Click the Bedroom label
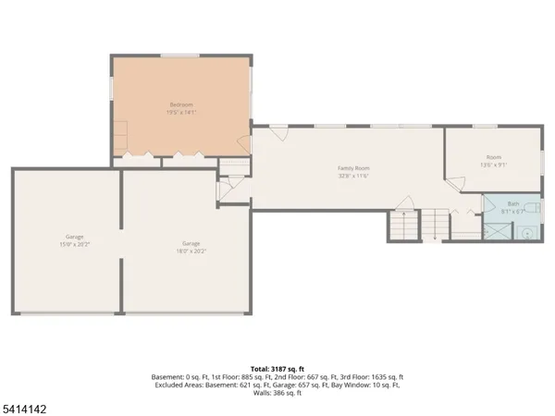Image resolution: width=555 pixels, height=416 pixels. point(180,104)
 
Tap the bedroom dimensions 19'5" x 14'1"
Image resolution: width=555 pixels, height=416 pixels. point(180,113)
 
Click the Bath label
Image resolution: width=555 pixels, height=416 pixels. point(512,204)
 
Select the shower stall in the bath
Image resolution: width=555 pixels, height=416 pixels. point(496,230)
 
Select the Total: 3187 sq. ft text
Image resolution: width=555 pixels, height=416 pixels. point(277,369)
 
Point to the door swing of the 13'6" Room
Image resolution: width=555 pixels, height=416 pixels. point(454,184)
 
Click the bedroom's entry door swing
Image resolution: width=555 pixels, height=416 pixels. point(242,143)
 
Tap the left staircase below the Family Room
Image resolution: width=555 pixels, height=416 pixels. point(402,225)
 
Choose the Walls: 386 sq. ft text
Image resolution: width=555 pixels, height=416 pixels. point(277,394)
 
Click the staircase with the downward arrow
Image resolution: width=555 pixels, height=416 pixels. point(436,223)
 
